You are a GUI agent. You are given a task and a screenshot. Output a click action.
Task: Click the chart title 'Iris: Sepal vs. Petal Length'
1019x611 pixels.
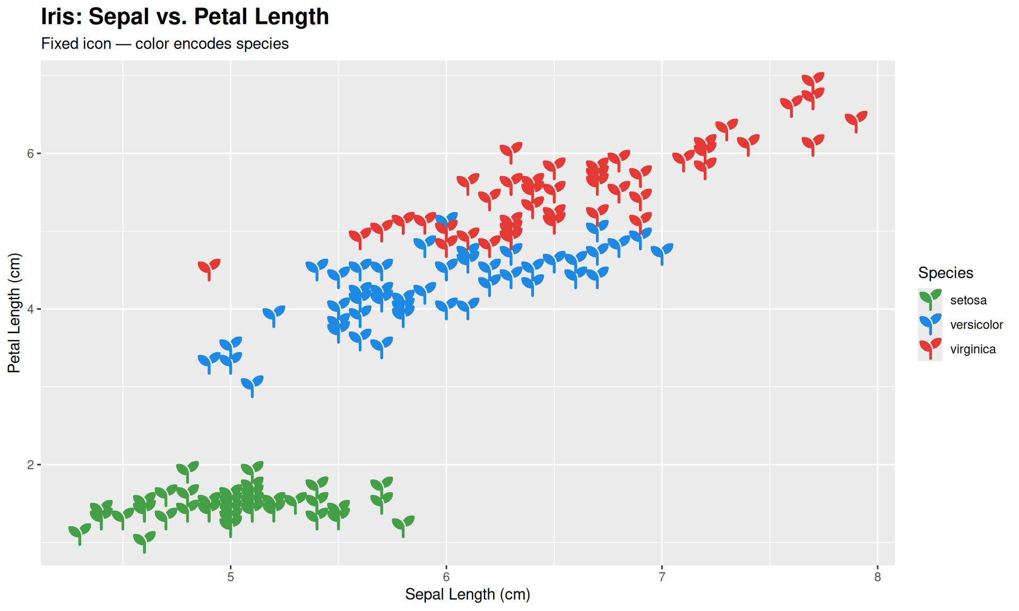[185, 17]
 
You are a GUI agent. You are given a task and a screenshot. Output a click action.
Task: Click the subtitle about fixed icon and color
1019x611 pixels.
[165, 43]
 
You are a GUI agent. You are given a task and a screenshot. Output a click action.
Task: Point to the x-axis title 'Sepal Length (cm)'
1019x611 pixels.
[467, 594]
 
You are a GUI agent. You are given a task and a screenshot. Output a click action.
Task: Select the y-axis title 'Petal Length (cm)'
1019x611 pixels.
[14, 313]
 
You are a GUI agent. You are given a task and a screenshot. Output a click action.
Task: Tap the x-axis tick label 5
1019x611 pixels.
[230, 577]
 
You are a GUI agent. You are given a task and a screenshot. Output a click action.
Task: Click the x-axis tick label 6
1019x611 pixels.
[446, 577]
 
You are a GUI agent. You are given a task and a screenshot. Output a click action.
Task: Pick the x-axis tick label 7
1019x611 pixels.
[662, 577]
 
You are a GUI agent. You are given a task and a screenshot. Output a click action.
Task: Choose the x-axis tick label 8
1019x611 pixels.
[877, 577]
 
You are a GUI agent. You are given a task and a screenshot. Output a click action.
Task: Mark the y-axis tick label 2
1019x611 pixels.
[30, 465]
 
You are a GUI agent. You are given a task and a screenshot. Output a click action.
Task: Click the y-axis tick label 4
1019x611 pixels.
[30, 309]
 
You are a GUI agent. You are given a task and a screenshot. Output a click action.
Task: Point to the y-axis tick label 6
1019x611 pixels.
[30, 154]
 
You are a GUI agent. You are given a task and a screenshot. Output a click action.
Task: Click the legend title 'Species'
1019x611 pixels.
[945, 273]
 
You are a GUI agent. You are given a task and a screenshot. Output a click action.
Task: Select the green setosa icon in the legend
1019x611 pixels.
[930, 299]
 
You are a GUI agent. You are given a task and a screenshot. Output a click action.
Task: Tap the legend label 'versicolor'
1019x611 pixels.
[976, 325]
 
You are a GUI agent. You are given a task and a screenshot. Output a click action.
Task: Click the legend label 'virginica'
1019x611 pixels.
[972, 349]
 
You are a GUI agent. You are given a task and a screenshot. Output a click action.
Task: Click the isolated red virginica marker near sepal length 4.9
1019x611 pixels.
[209, 268]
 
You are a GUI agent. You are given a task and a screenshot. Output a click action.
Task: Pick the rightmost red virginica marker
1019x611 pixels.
[856, 120]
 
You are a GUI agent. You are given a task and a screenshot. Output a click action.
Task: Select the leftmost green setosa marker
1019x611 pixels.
[80, 533]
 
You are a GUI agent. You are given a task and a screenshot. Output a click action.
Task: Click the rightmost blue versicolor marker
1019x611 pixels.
[662, 252]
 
